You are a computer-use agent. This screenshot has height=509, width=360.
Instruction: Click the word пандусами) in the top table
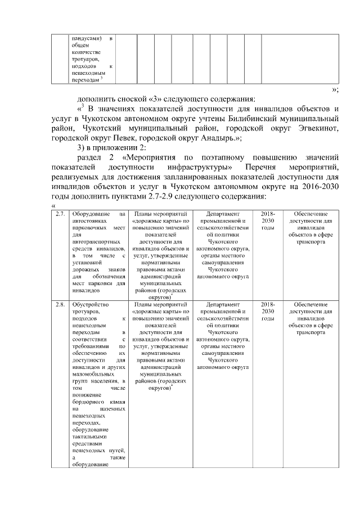(x=85, y=38)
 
